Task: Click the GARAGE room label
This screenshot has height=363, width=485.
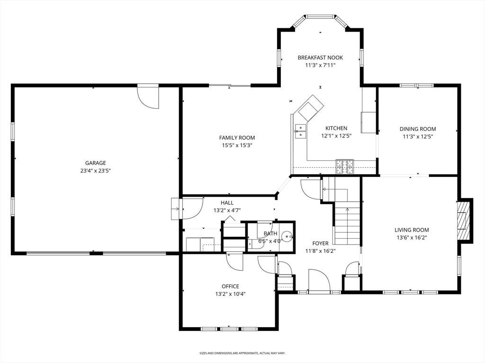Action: click(96, 163)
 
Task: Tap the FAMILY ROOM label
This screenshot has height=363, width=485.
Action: click(237, 138)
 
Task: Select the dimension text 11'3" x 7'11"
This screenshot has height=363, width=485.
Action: click(320, 65)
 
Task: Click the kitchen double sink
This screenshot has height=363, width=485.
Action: click(300, 131)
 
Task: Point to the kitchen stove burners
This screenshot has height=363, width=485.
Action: click(345, 166)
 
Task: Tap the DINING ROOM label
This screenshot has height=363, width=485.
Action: click(418, 129)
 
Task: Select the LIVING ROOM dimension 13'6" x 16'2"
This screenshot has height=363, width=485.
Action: click(412, 238)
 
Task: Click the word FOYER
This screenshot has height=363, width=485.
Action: click(320, 243)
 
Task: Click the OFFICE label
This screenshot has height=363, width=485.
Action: click(230, 286)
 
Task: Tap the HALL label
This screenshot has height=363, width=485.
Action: click(227, 203)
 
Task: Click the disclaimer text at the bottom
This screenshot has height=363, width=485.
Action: click(242, 353)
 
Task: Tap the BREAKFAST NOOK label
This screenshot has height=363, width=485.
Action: click(320, 57)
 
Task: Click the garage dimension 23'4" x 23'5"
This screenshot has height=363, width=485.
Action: click(96, 171)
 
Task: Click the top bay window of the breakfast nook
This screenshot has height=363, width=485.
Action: click(320, 16)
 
